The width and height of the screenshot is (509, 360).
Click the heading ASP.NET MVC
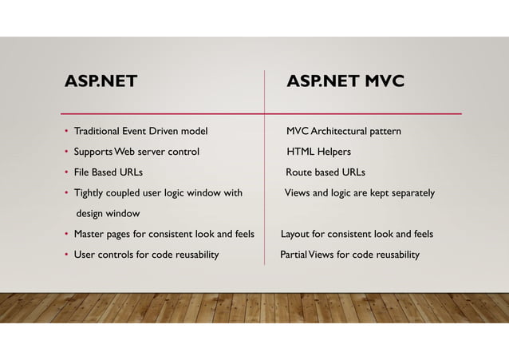pyautogui.click(x=345, y=82)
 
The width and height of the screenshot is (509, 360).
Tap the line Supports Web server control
pyautogui.click(x=136, y=152)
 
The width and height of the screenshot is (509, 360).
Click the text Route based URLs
pyautogui.click(x=326, y=172)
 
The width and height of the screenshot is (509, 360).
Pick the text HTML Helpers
pyautogui.click(x=319, y=152)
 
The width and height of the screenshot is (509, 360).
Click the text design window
pyautogui.click(x=108, y=214)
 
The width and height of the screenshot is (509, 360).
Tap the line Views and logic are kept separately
pyautogui.click(x=360, y=193)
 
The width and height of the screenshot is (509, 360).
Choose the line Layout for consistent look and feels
pyautogui.click(x=357, y=235)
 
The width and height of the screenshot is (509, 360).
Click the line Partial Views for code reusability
pyautogui.click(x=349, y=255)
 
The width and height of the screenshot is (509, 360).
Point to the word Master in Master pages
pyautogui.click(x=89, y=235)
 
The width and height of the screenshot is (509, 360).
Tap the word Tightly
pyautogui.click(x=89, y=193)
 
